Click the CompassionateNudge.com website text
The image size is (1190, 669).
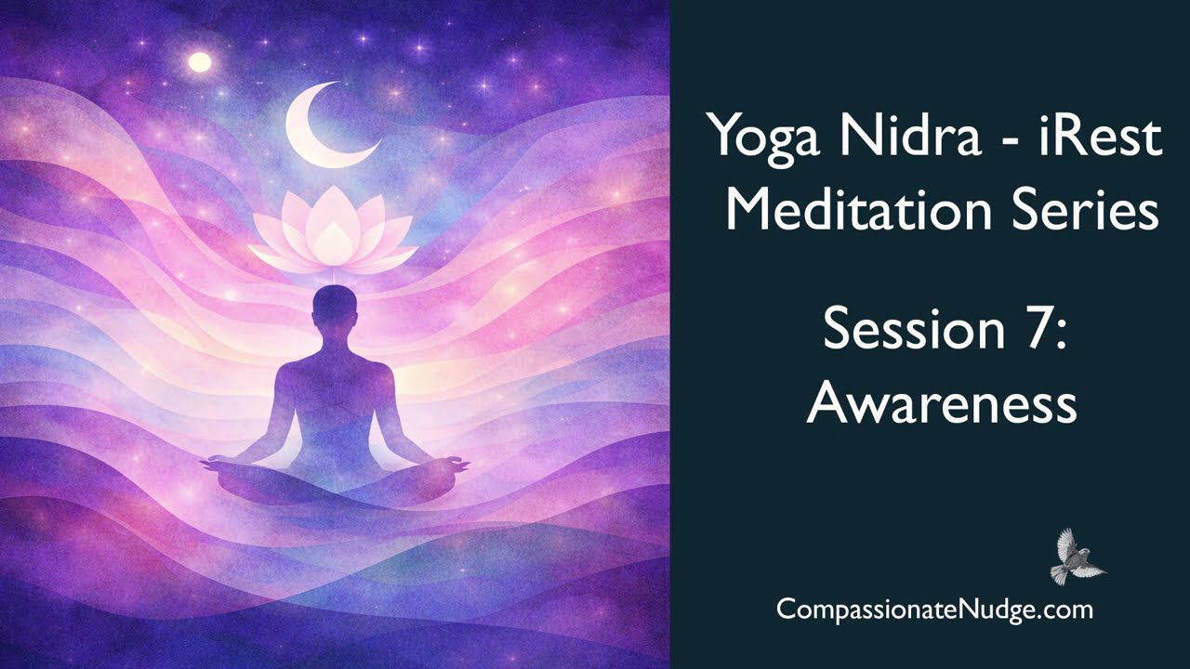934,610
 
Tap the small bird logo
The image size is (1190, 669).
1077,557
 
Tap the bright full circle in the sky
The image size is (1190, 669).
199,62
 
